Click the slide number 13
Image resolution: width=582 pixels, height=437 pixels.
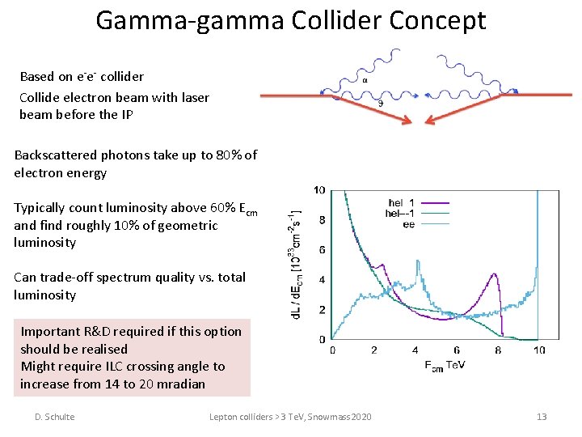click(x=542, y=417)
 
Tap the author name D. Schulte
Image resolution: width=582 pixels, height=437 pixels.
click(x=54, y=417)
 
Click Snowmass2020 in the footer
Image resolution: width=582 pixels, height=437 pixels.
click(x=339, y=417)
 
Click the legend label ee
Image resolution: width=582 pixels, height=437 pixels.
click(x=409, y=224)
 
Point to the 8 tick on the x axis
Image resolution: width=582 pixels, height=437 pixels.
click(x=497, y=350)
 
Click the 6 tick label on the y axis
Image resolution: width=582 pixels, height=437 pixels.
click(x=322, y=250)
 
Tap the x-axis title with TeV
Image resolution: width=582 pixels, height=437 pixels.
click(x=445, y=365)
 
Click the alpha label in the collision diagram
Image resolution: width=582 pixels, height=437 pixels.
click(x=365, y=81)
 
